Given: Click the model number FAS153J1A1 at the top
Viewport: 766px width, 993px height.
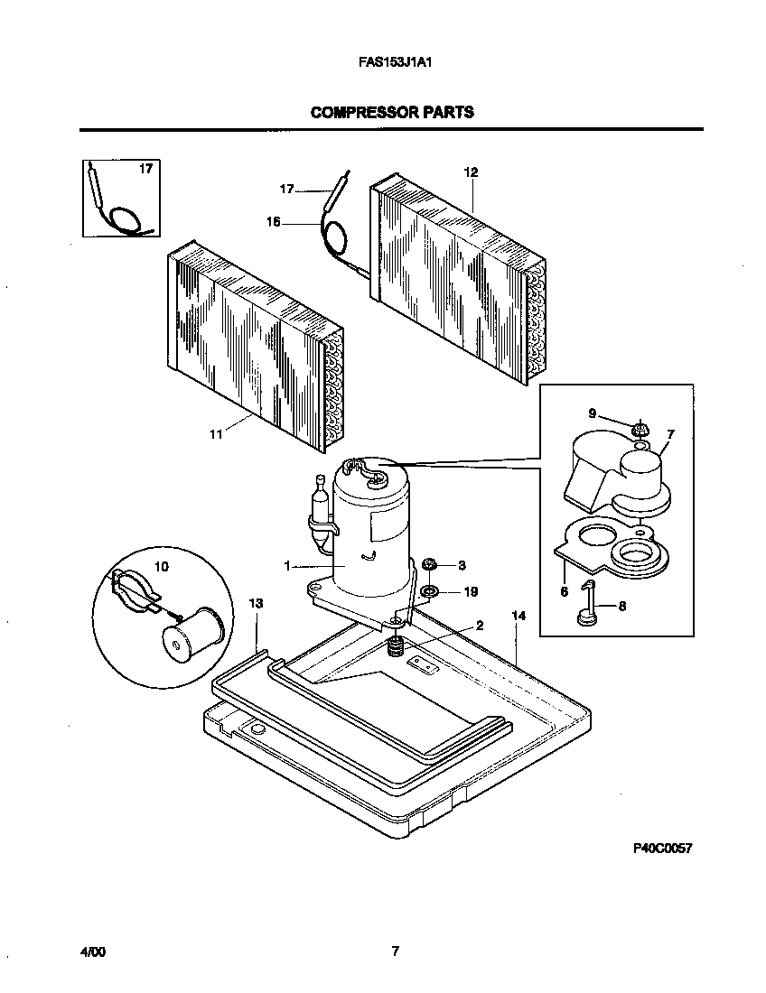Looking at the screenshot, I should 392,64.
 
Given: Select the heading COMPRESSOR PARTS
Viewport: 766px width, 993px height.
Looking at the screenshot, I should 392,113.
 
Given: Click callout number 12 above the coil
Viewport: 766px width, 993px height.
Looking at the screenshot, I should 471,172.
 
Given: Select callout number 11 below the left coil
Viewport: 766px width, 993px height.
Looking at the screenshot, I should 216,434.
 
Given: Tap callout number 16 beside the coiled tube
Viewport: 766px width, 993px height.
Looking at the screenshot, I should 273,220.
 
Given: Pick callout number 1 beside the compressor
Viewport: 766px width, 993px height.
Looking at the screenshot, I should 287,567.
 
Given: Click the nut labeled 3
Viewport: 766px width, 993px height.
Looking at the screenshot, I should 430,565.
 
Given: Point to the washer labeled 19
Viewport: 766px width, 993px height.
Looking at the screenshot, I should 430,592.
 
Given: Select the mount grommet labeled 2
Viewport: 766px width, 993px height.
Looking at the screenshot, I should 395,646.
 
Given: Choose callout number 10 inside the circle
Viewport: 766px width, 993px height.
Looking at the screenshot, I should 162,567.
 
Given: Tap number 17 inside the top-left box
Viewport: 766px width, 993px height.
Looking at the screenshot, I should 145,168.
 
